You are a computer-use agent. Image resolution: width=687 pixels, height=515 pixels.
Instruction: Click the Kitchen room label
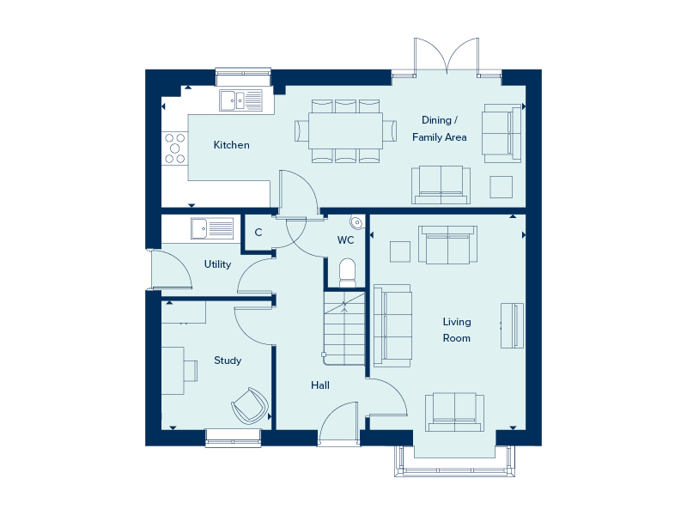coord(232,145)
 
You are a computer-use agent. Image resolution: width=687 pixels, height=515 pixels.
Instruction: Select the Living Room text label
coord(456,330)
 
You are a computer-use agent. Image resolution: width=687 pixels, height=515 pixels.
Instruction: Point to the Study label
coord(228,360)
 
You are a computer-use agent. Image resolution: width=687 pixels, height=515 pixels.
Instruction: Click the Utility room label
coord(217,264)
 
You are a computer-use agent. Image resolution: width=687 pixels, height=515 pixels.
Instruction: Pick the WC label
coord(345,239)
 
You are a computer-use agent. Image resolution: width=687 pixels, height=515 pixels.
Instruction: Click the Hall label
coord(320,385)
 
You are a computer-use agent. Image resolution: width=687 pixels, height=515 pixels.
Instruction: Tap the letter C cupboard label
coord(258,233)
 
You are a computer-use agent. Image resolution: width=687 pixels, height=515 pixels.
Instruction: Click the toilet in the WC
coord(347,272)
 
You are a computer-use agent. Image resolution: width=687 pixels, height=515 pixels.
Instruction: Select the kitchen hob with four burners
coord(175,147)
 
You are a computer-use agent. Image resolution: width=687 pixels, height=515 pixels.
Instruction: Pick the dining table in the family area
coord(346,130)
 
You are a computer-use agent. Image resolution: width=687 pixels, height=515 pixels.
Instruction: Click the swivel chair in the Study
coord(249,404)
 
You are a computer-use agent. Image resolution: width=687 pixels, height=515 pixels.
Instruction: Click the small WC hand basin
coord(357,221)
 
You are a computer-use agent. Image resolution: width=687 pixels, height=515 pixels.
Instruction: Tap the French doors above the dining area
coord(446,57)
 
